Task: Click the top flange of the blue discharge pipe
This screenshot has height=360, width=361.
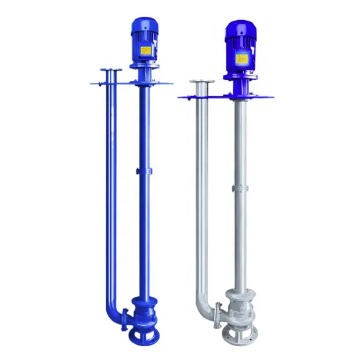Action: pos(110,71)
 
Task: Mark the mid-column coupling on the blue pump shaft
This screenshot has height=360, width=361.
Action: pos(143,171)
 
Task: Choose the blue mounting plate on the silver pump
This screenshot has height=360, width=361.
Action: pos(221,97)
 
